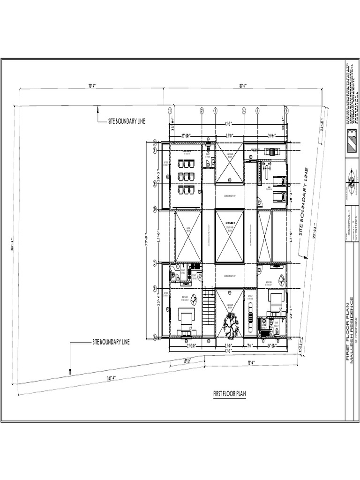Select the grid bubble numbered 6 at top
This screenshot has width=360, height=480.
(x=286, y=110)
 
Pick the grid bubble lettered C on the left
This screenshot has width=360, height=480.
(x=155, y=262)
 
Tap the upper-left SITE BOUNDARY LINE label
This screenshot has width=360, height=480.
(x=127, y=121)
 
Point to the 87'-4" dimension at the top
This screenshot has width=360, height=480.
(x=243, y=86)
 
